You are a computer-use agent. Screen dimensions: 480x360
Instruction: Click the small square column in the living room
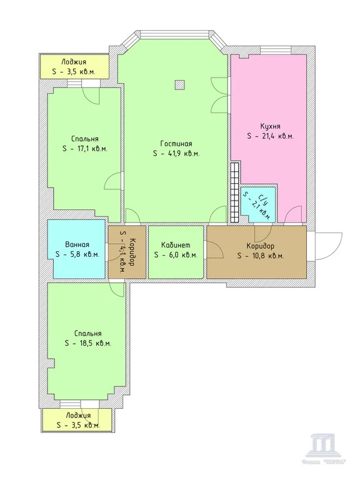(179, 84)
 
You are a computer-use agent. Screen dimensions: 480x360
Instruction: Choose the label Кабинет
(175, 245)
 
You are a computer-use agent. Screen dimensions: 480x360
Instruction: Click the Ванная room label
(77, 245)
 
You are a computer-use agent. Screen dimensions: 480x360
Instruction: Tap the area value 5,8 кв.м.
(77, 255)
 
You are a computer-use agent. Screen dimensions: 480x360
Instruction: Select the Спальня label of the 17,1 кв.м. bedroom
(84, 139)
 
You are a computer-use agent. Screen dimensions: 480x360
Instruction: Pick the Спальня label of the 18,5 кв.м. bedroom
(87, 334)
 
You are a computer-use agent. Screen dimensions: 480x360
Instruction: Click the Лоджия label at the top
(73, 61)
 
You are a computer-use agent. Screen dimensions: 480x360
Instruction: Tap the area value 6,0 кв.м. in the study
(175, 255)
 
